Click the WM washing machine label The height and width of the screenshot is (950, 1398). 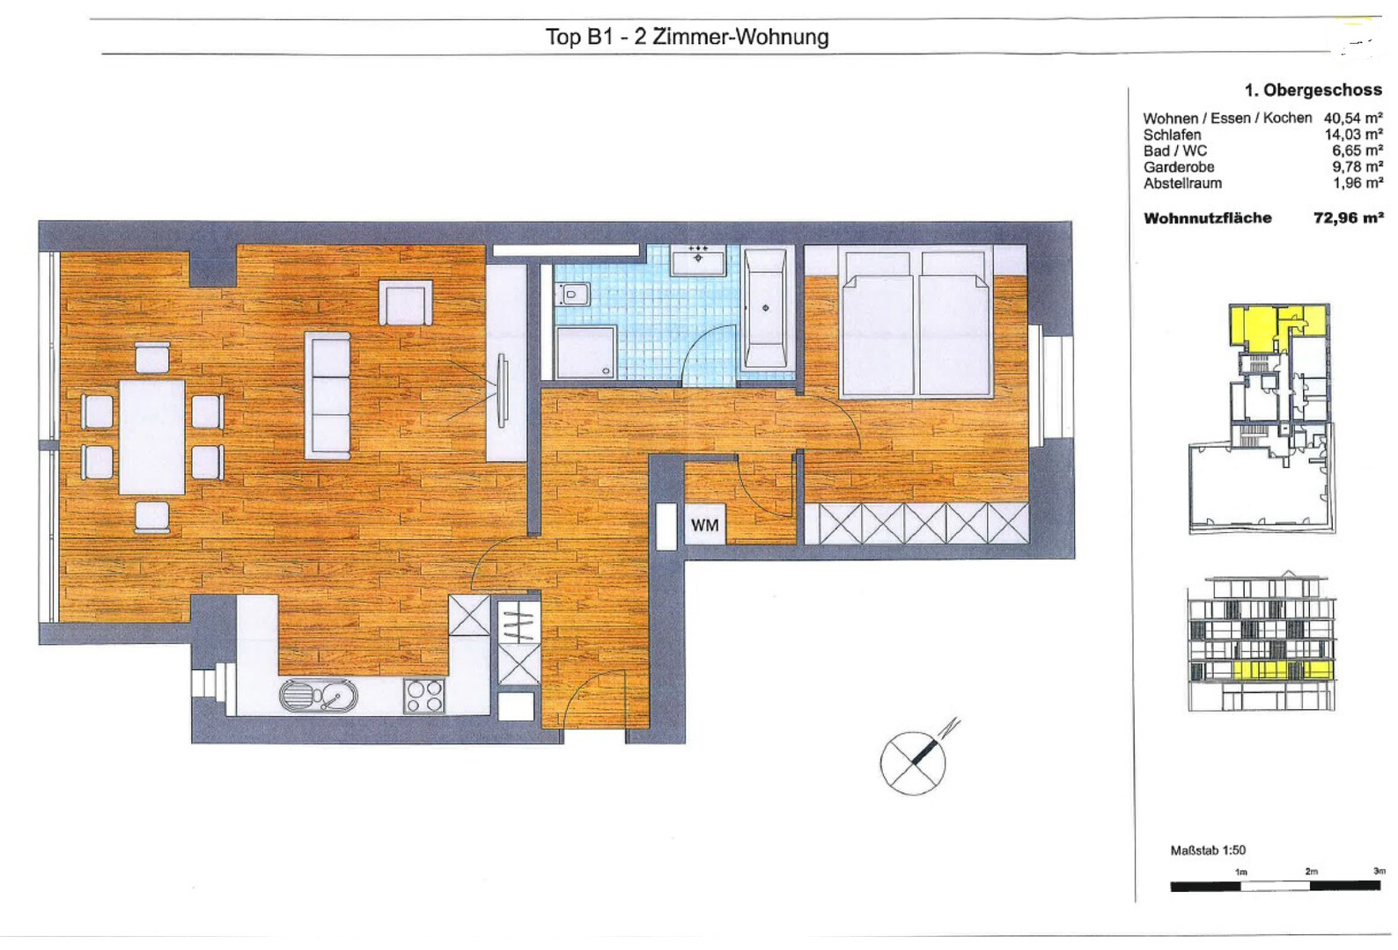[704, 525]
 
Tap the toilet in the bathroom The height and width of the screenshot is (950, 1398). [574, 294]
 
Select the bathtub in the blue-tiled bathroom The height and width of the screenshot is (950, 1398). [766, 308]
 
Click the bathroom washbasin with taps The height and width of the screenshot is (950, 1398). [698, 260]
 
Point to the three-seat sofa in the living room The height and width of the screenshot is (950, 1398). [327, 396]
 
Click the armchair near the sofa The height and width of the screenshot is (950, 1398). [406, 303]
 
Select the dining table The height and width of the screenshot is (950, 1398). [152, 436]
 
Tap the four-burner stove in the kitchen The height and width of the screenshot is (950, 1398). [424, 696]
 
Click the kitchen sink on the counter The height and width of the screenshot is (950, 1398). [319, 696]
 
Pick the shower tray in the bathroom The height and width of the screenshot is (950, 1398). [586, 353]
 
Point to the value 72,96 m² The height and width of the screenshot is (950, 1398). [1348, 217]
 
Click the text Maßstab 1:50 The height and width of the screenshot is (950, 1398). [1208, 851]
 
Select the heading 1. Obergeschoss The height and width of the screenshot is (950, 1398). [1313, 91]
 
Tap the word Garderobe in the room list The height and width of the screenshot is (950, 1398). [1179, 167]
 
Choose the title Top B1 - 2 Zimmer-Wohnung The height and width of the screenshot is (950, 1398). [688, 37]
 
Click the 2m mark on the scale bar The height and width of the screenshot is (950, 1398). [1311, 872]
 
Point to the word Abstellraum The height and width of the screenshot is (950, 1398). [1182, 183]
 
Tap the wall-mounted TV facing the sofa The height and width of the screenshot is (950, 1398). [502, 391]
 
